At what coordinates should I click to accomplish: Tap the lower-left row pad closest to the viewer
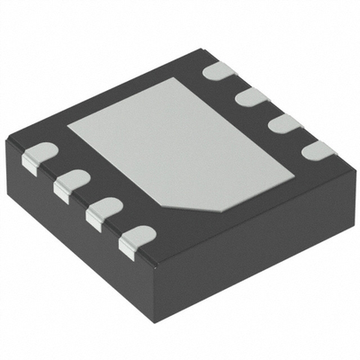(135, 239)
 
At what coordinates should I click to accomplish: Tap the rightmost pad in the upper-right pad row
(318, 148)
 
